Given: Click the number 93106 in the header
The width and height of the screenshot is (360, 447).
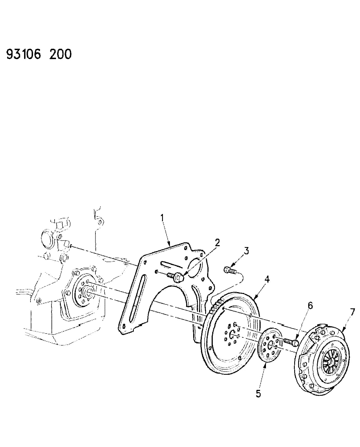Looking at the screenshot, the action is [x=24, y=54].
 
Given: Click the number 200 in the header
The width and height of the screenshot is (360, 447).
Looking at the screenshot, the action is [x=60, y=54].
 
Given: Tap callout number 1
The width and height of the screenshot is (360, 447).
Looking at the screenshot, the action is [x=162, y=218].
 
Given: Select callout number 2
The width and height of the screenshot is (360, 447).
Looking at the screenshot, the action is [x=217, y=243].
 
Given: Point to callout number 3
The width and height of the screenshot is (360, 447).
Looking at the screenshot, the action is [x=246, y=251].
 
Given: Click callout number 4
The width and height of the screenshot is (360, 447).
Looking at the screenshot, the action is [x=267, y=279].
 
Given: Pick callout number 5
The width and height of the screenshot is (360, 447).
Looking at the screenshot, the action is [x=258, y=394].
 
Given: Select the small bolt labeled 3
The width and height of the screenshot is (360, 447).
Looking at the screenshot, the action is [x=230, y=270].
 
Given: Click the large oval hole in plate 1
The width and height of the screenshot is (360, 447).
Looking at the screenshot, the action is [x=195, y=267].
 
